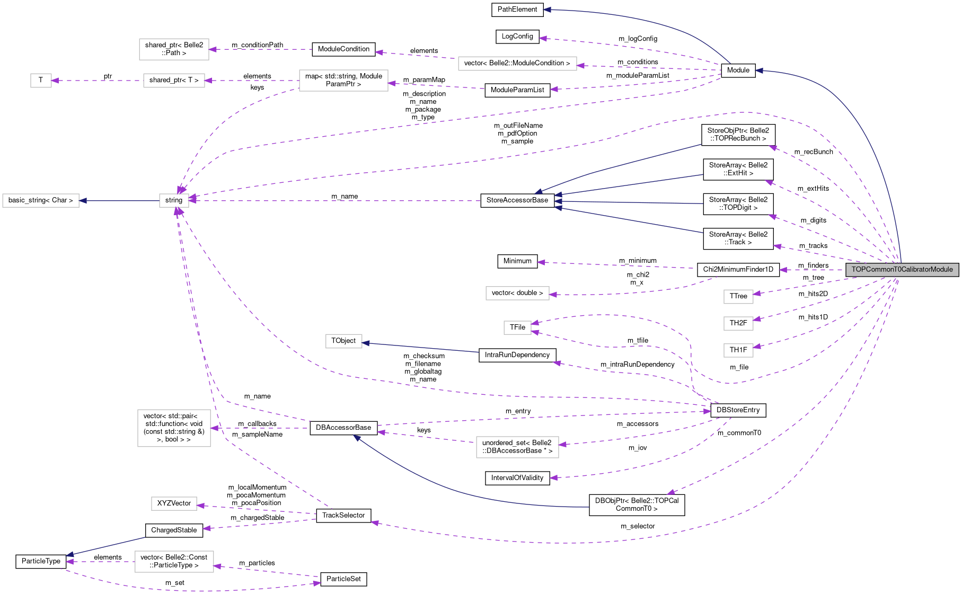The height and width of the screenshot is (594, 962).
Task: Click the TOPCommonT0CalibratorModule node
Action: [902, 270]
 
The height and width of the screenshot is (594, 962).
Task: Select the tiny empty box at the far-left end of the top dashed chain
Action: [41, 81]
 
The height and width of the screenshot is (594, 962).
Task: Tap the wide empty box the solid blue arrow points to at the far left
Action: [41, 200]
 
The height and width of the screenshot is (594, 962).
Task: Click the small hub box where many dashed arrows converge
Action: [174, 200]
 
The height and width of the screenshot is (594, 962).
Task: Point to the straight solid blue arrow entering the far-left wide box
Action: [119, 200]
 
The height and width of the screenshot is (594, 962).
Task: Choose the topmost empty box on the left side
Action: [174, 49]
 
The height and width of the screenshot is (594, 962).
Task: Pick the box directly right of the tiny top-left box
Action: [174, 81]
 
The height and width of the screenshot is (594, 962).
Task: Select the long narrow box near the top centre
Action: [517, 64]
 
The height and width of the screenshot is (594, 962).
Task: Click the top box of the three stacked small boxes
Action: [738, 297]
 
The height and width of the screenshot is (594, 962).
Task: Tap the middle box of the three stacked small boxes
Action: [738, 323]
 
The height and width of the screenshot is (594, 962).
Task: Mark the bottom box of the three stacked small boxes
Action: [738, 350]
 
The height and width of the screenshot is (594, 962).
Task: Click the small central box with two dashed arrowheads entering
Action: [517, 327]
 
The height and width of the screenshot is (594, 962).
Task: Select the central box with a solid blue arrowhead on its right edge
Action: [343, 341]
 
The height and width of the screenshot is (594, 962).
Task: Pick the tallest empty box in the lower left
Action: [174, 428]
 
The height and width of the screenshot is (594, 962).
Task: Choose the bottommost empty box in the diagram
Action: [174, 562]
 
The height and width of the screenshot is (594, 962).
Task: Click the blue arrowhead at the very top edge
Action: [546, 10]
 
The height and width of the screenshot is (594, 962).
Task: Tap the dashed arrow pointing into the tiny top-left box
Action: [95, 81]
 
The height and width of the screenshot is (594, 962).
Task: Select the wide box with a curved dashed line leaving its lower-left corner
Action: [343, 81]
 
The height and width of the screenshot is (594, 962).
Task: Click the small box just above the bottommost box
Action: [174, 503]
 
